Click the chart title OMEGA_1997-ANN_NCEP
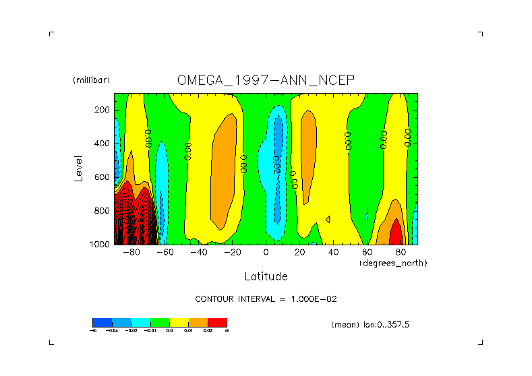[x=265, y=80]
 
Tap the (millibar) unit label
[x=91, y=80]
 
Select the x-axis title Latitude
[x=266, y=276]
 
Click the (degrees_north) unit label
[x=393, y=262]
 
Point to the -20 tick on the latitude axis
[x=232, y=253]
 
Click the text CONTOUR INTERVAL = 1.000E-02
[x=270, y=299]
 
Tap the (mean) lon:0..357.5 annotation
[x=370, y=325]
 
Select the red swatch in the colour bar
[x=217, y=322]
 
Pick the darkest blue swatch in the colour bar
[x=102, y=322]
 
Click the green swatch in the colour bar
[x=159, y=322]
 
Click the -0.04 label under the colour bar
[x=113, y=331]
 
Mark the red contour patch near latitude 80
[x=396, y=232]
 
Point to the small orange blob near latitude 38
[x=328, y=219]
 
